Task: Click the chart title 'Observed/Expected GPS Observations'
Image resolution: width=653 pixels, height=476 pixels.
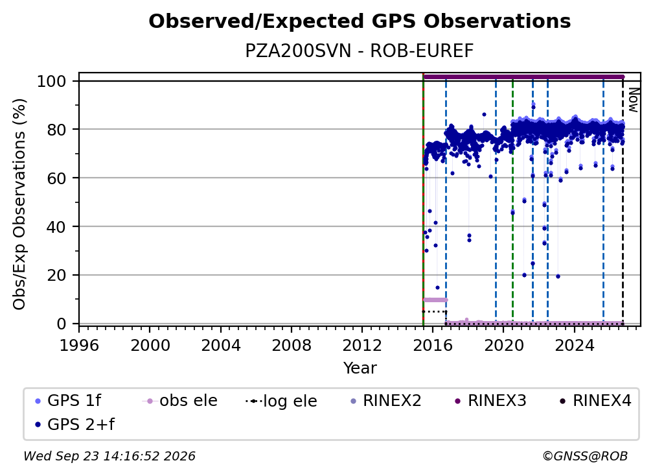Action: [x=360, y=21]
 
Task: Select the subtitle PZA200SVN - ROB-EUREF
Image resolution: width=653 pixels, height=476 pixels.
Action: [x=360, y=51]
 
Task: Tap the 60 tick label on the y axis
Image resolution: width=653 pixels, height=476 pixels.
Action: [x=56, y=178]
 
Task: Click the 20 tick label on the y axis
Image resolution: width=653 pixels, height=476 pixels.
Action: [x=56, y=276]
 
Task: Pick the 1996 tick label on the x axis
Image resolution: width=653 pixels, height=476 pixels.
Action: [x=79, y=346]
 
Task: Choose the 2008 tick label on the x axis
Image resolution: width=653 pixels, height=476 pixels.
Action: [x=292, y=346]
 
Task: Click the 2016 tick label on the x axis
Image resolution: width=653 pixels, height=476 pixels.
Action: [x=433, y=346]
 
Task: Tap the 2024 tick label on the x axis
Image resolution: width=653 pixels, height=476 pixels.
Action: [x=574, y=346]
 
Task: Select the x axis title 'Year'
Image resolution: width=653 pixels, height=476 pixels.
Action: [x=360, y=368]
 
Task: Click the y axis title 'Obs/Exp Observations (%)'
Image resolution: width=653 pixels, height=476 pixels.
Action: [x=19, y=204]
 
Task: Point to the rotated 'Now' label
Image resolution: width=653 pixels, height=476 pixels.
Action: [x=633, y=100]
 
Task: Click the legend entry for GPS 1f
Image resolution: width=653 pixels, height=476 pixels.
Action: [x=68, y=401]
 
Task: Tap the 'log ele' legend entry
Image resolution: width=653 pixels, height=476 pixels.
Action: [x=282, y=401]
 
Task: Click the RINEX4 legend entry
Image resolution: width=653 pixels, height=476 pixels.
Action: [x=595, y=401]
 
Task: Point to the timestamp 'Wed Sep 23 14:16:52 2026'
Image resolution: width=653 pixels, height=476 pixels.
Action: [x=109, y=457]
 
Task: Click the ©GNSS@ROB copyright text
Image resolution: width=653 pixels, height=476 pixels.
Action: [x=585, y=457]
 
